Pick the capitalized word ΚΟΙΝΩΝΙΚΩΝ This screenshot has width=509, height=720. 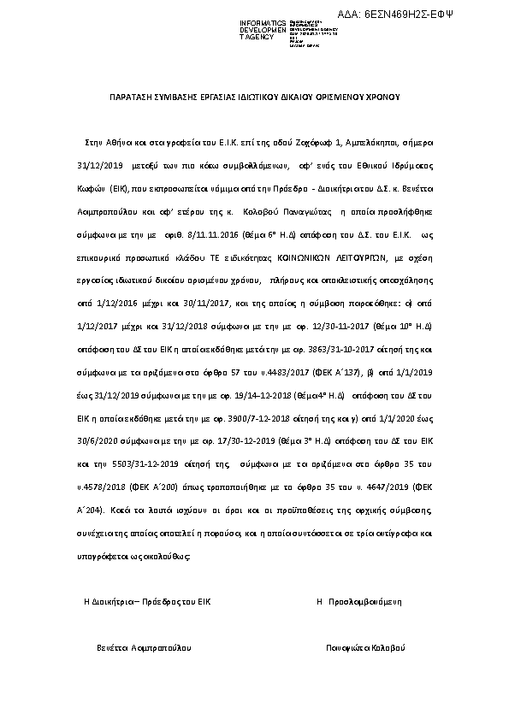point(306,254)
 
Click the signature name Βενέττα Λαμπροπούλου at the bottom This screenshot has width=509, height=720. point(143,647)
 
